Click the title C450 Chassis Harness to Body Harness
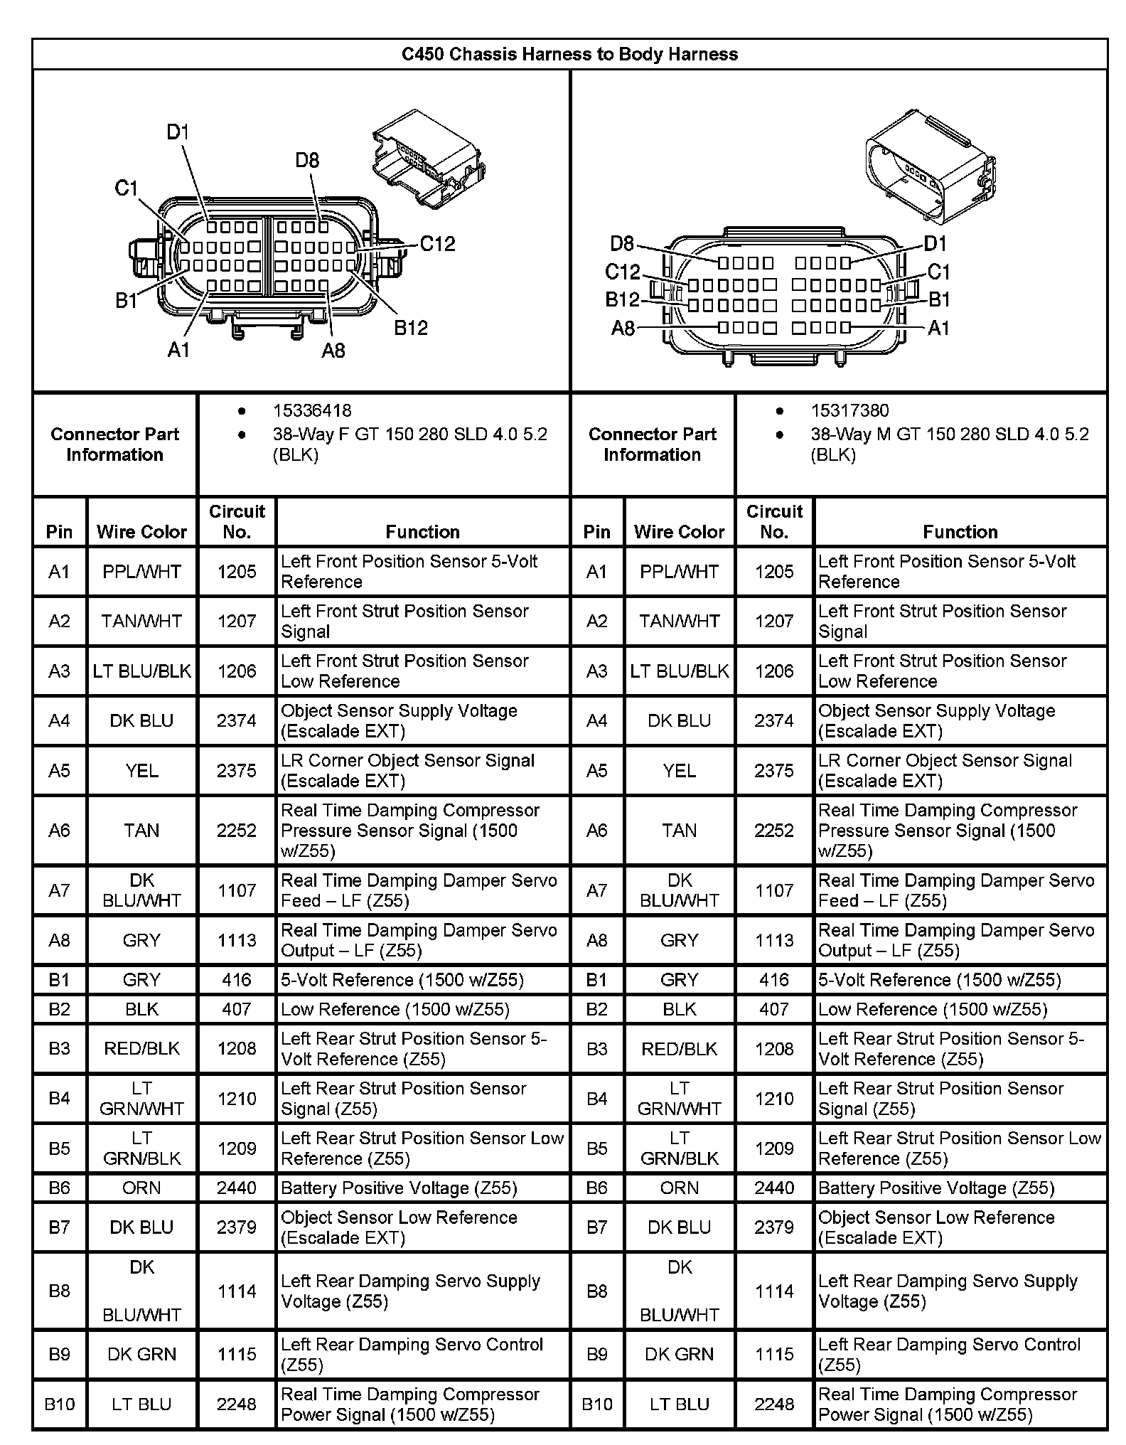(x=569, y=54)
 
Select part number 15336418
(x=311, y=410)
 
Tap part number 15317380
(x=849, y=410)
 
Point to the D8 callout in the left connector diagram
(x=307, y=161)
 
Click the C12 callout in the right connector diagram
(x=622, y=272)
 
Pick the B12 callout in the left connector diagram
(x=411, y=328)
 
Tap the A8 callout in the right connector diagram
(x=623, y=329)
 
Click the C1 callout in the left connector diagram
(x=126, y=188)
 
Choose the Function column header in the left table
(x=422, y=532)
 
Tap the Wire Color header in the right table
(x=679, y=532)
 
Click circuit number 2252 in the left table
(x=237, y=831)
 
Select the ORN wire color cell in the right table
(x=679, y=1188)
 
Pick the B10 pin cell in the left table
(x=59, y=1404)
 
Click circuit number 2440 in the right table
(x=774, y=1188)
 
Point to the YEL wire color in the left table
(x=141, y=771)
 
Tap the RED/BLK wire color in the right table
(x=679, y=1049)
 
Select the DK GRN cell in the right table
(x=679, y=1354)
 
